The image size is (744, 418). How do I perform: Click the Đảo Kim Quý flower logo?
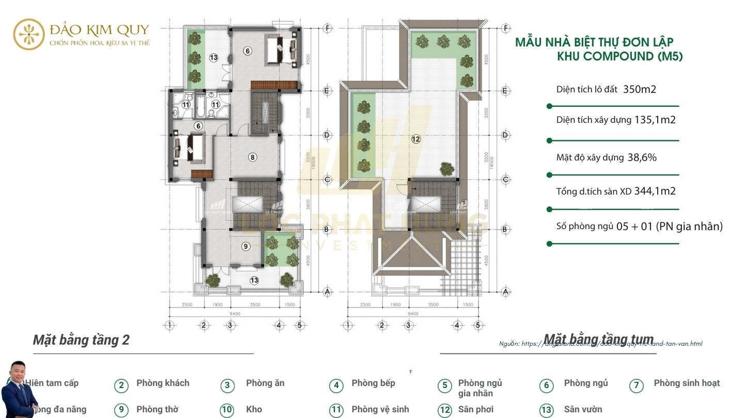point(29,34)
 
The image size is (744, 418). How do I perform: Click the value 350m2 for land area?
point(640,89)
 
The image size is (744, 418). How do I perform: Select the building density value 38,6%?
point(642,158)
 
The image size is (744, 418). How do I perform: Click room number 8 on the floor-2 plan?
point(252,157)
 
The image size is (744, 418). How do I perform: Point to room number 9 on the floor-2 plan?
point(245,247)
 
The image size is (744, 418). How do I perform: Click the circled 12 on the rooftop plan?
point(416,139)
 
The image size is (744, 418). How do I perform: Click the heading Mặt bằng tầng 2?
point(81,340)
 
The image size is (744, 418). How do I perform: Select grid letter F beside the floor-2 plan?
point(327,28)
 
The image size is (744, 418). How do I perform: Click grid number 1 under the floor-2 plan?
point(169,326)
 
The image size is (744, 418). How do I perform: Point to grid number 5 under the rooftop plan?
point(478,326)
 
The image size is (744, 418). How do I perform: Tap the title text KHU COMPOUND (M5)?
point(619,57)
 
